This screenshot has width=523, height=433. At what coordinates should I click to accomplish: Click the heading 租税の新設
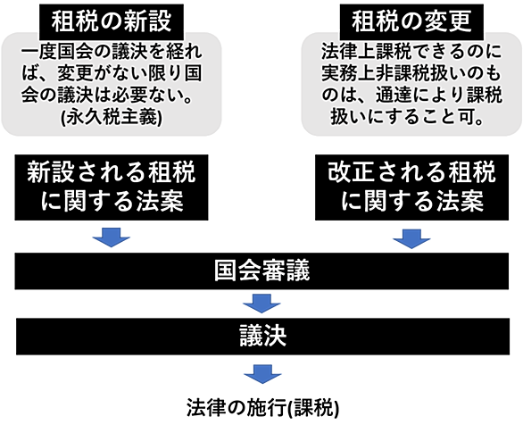(x=112, y=21)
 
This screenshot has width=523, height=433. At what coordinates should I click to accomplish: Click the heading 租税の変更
(x=411, y=21)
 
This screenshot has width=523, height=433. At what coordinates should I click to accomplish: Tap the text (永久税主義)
(x=112, y=118)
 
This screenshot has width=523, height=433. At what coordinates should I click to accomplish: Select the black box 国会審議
(x=261, y=271)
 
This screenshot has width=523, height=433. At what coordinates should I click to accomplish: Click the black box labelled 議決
(x=262, y=337)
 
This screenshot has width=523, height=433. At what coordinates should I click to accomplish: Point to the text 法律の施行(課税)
(x=262, y=408)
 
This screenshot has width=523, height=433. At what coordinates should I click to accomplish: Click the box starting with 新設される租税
(x=112, y=187)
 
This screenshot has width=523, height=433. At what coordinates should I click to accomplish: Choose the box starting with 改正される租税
(x=412, y=187)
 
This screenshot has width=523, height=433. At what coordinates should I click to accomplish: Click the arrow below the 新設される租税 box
(x=111, y=237)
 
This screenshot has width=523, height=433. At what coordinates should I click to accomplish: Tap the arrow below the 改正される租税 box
(x=411, y=239)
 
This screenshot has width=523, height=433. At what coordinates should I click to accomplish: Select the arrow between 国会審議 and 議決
(x=261, y=304)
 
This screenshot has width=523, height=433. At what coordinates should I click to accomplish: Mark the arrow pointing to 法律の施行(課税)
(x=262, y=374)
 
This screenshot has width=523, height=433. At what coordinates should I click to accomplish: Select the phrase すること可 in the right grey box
(x=429, y=117)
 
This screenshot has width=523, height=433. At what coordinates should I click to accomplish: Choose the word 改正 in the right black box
(x=352, y=172)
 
